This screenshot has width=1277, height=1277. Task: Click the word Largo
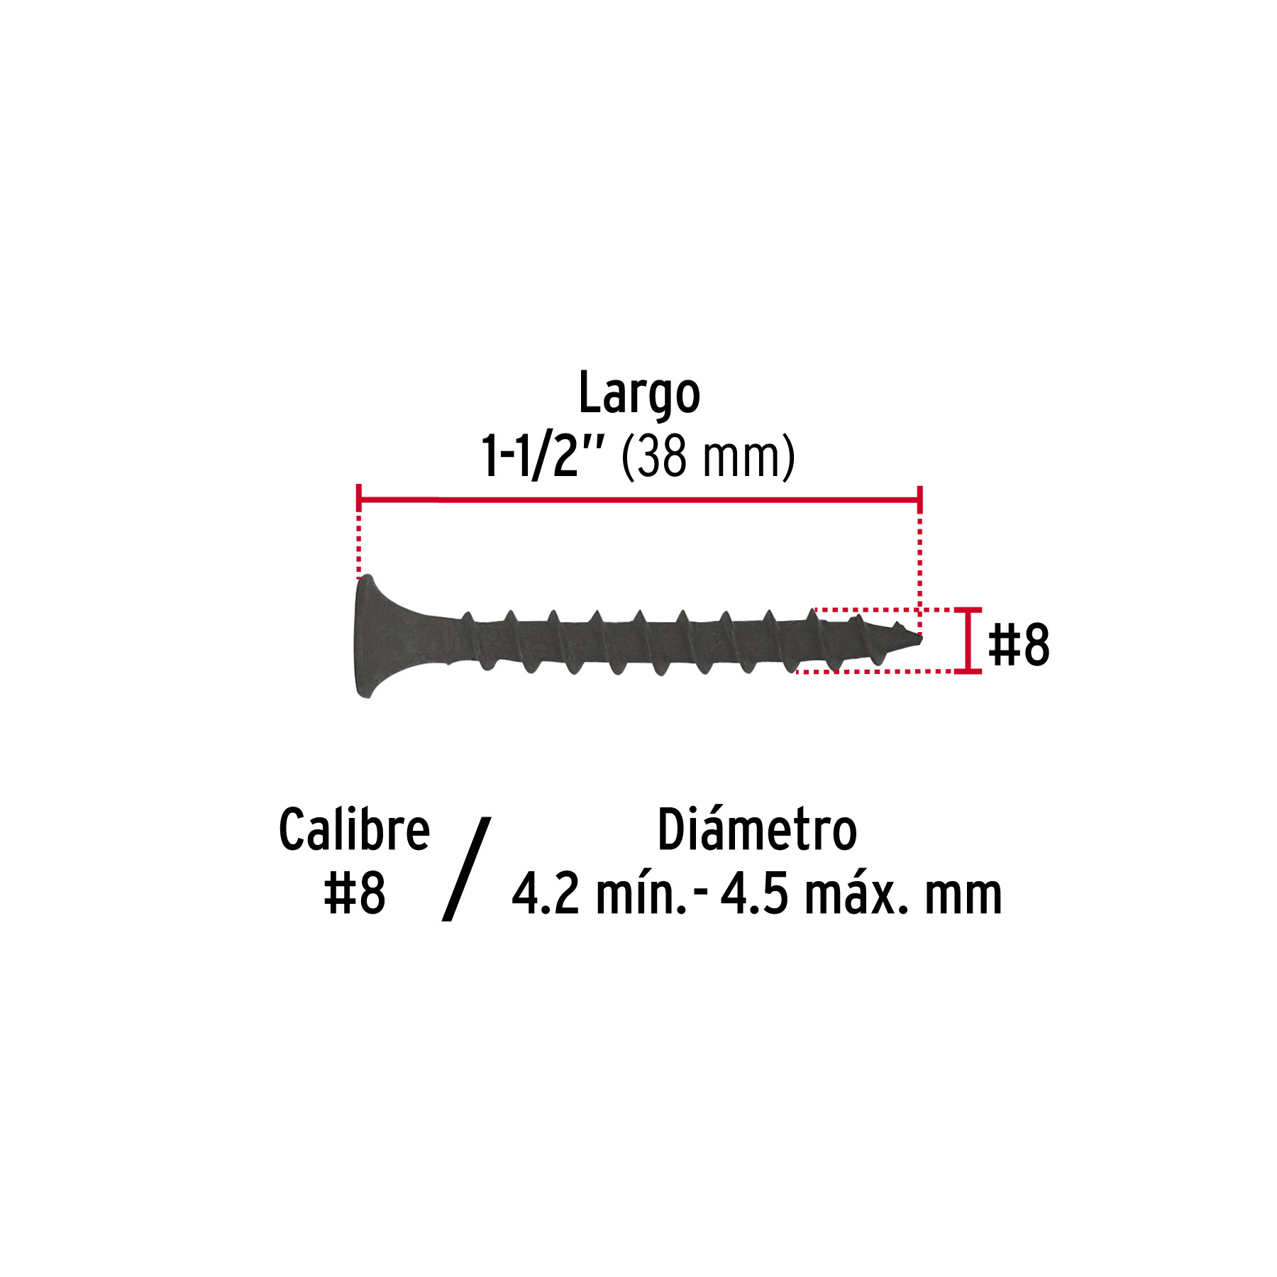[x=639, y=394]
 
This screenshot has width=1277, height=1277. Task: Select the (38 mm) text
[x=708, y=458]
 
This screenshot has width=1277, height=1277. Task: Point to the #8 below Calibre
[x=354, y=893]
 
